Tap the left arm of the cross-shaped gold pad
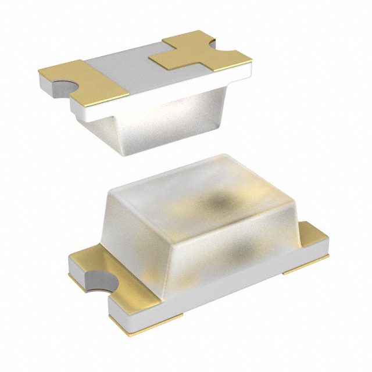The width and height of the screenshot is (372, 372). [164, 58]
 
